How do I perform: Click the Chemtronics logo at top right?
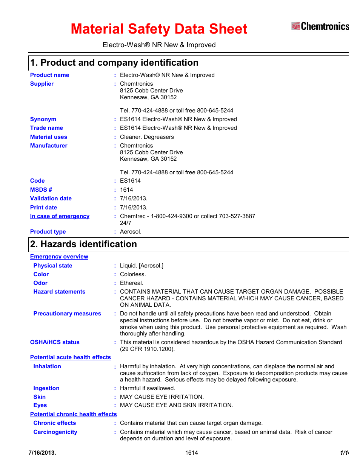[x=320, y=26]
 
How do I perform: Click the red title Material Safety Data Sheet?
[x=159, y=29]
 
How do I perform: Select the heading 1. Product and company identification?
[x=114, y=63]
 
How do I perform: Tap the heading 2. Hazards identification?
[x=83, y=244]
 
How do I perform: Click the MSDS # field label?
[x=41, y=190]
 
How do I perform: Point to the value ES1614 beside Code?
[x=130, y=181]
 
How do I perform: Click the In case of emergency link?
[x=60, y=216]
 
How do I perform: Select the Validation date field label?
[x=51, y=198]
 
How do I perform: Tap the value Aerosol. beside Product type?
[x=131, y=232]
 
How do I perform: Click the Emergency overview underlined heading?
[x=59, y=257]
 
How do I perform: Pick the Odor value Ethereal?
[x=132, y=283]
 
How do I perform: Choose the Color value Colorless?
[x=133, y=274]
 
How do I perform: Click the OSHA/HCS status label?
[x=55, y=342]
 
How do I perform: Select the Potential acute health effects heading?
[x=71, y=357]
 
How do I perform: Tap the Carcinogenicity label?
[x=55, y=432]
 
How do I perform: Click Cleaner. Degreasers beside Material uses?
[x=147, y=137]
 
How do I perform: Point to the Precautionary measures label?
[x=67, y=314]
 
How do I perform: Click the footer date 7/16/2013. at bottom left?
[x=42, y=453]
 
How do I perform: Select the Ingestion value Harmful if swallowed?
[x=148, y=388]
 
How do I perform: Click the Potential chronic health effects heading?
[x=74, y=414]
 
